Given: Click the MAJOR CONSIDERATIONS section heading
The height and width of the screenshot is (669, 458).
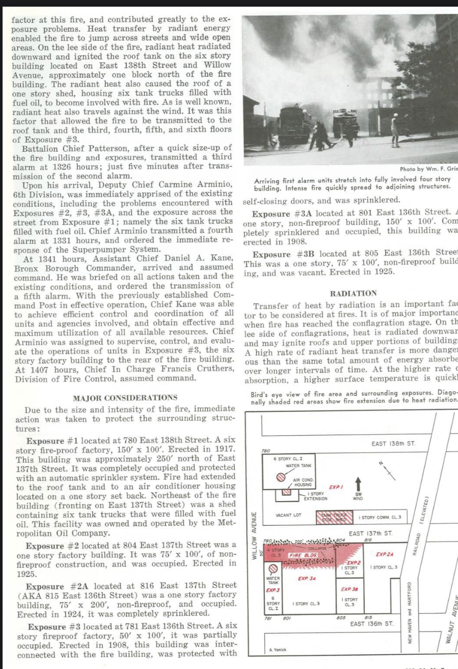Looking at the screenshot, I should tap(125, 398).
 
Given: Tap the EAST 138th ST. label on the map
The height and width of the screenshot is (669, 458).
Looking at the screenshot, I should tap(394, 443).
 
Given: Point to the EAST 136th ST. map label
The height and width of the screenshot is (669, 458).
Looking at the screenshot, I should tap(372, 623).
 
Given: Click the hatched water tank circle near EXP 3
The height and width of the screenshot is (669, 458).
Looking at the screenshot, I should tap(274, 568).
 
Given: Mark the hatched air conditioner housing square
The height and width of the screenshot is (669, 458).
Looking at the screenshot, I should tap(287, 493).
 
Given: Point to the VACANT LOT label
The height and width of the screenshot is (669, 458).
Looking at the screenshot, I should tap(288, 516).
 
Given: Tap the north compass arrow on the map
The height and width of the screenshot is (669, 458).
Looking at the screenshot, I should tap(389, 469).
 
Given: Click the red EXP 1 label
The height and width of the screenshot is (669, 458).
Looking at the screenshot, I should tap(335, 487).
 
